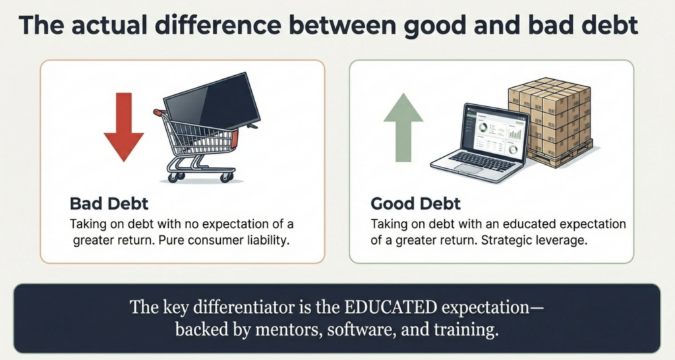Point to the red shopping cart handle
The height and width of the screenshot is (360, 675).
pyautogui.click(x=160, y=113)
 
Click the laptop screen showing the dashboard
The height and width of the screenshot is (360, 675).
pyautogui.click(x=496, y=131)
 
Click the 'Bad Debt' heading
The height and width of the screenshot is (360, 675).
pyautogui.click(x=109, y=203)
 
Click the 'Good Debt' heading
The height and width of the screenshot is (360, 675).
pyautogui.click(x=415, y=203)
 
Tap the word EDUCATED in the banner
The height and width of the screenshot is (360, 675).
pyautogui.click(x=390, y=307)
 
